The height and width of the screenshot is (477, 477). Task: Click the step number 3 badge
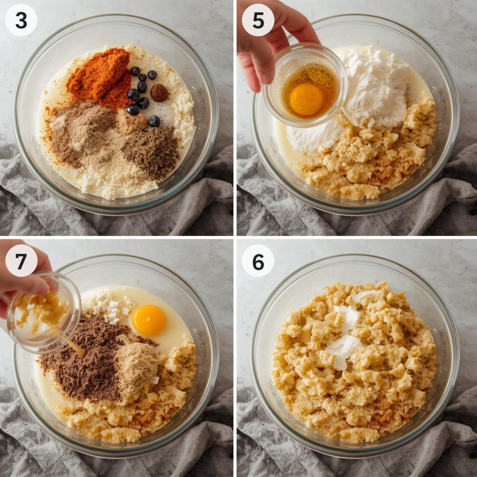(21, 21)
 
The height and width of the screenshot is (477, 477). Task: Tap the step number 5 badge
(258, 21)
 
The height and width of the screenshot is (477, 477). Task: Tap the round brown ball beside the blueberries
(159, 93)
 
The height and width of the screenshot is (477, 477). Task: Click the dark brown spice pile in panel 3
(150, 149)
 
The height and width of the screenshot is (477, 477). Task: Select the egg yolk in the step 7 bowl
(149, 320)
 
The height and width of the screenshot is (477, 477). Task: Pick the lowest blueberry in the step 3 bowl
(154, 121)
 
